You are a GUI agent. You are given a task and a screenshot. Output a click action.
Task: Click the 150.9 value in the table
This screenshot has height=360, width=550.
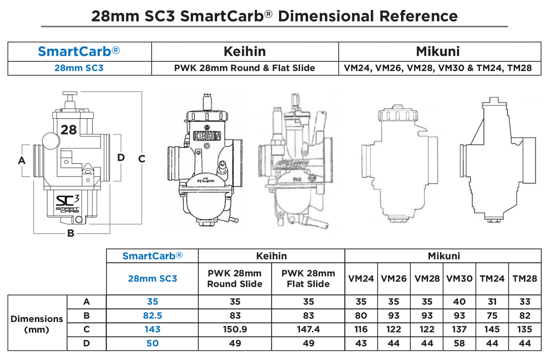pyautogui.click(x=235, y=330)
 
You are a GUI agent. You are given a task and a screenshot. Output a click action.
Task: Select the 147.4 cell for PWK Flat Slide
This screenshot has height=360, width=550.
pyautogui.click(x=308, y=330)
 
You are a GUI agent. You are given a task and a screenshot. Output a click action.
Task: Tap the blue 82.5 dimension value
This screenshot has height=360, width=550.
pyautogui.click(x=152, y=316)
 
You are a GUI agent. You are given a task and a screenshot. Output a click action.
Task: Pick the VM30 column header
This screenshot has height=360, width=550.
pyautogui.click(x=459, y=279)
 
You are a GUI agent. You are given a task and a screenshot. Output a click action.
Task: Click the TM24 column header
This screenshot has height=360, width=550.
pyautogui.click(x=492, y=279)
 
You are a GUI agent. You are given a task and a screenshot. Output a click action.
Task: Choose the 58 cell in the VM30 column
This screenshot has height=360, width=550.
pyautogui.click(x=459, y=344)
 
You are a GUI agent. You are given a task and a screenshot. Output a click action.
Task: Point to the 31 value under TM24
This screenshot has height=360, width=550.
pyautogui.click(x=492, y=302)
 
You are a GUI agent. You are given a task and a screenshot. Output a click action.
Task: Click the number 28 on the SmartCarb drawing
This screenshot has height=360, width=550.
pyautogui.click(x=69, y=130)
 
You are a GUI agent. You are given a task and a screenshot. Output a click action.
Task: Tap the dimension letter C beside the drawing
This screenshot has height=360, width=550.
pyautogui.click(x=142, y=159)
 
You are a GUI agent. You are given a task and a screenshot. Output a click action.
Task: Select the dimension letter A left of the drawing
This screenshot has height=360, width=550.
pyautogui.click(x=22, y=161)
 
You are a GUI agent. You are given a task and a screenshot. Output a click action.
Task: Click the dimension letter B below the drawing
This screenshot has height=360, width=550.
pyautogui.click(x=71, y=233)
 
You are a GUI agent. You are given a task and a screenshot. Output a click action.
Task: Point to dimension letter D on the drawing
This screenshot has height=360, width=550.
pyautogui.click(x=121, y=158)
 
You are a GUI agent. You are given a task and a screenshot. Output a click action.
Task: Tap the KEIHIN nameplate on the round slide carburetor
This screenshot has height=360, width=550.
pyautogui.click(x=207, y=136)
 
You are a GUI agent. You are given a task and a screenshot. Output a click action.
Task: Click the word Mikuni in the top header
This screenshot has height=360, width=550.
pyautogui.click(x=438, y=51)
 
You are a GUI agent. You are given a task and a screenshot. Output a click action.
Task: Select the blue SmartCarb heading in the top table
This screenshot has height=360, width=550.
pyautogui.click(x=79, y=51)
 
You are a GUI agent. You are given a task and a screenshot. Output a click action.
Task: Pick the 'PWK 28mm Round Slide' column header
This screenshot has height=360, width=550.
pyautogui.click(x=234, y=279)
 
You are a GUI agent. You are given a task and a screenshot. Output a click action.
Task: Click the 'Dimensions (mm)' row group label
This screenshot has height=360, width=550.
pyautogui.click(x=37, y=324)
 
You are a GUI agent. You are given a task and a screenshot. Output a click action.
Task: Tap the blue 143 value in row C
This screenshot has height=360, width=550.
pyautogui.click(x=152, y=330)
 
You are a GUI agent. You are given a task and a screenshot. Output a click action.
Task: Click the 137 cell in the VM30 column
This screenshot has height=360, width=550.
pyautogui.click(x=459, y=330)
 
